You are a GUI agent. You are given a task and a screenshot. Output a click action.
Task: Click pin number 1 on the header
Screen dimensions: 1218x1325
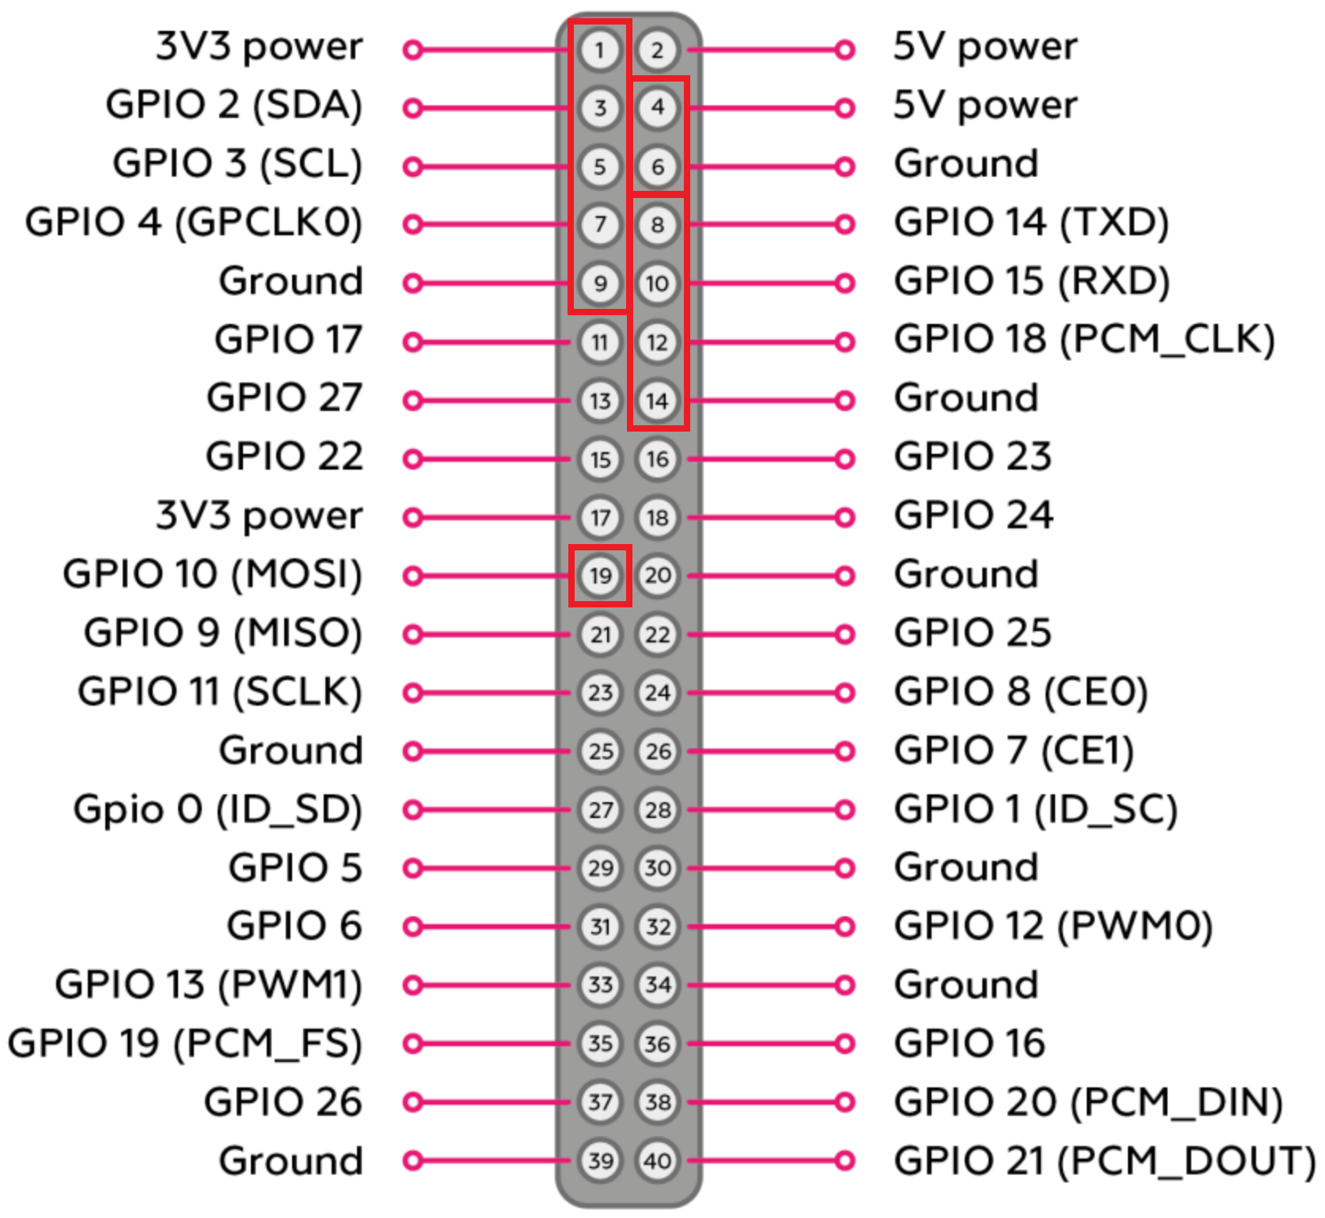[599, 50]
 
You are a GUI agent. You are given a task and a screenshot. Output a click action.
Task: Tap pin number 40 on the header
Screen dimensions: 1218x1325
[658, 1161]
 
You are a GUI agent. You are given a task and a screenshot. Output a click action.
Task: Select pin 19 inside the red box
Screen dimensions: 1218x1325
[600, 576]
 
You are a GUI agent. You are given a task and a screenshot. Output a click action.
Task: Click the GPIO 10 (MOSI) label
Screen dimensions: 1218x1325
[212, 574]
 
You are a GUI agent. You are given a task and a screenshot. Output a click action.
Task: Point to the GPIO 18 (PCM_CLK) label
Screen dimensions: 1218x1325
[1084, 340]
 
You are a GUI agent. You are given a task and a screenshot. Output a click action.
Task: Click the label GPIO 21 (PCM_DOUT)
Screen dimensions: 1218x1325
[1103, 1161]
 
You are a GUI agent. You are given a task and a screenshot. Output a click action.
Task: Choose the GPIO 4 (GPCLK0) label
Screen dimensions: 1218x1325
[194, 223]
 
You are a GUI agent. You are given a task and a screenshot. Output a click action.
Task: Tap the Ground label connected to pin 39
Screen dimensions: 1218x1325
[290, 1161]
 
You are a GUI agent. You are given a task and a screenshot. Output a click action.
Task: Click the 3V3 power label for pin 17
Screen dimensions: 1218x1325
[259, 516]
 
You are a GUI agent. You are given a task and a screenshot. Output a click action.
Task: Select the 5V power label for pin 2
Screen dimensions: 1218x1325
[985, 48]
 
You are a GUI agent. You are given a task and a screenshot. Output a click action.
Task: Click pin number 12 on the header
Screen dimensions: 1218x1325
[658, 342]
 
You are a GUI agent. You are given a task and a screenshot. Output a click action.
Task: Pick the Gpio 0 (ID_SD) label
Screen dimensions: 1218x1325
[218, 809]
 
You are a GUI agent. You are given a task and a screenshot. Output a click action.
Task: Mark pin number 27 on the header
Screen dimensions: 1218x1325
[600, 809]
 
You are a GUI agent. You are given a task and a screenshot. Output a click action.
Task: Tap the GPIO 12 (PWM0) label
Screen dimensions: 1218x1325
[1053, 927]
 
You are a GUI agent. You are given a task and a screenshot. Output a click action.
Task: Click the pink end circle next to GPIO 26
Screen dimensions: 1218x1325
[412, 1102]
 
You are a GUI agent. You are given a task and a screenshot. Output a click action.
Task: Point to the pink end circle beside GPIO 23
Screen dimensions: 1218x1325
[845, 459]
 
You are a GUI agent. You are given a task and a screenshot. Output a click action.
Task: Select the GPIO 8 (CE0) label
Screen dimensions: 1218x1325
[1020, 692]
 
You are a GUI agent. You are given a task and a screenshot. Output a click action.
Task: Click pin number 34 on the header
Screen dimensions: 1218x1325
[658, 985]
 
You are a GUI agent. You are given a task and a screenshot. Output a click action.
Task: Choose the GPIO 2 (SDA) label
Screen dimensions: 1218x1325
[233, 105]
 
